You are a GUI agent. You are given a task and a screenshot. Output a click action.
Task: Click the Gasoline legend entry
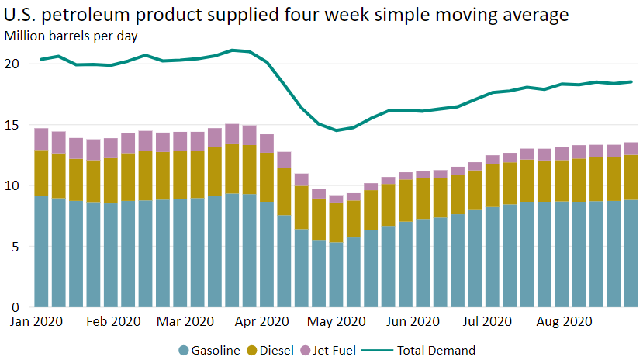(209, 350)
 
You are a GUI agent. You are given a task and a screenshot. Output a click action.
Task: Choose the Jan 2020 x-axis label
(37, 320)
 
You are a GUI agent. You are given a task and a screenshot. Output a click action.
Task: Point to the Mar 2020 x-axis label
(185, 320)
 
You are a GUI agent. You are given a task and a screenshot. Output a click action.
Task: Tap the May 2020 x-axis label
(335, 320)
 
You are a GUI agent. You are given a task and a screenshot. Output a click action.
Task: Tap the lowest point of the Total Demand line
(336, 130)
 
